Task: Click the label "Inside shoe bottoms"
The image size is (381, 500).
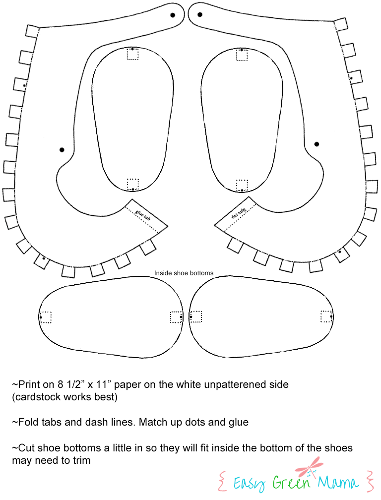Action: [184, 273]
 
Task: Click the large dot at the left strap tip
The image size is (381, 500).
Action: [173, 15]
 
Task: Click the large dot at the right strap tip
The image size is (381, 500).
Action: [200, 14]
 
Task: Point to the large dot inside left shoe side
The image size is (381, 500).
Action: [62, 150]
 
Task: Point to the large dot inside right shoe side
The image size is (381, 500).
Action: [317, 144]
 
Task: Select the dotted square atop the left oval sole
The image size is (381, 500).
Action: [132, 54]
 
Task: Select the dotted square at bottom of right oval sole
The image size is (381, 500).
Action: [242, 186]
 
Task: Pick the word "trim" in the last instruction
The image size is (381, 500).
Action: [81, 460]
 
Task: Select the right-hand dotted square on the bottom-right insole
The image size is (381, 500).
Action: [326, 316]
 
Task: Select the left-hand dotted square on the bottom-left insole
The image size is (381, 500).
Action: [45, 317]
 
